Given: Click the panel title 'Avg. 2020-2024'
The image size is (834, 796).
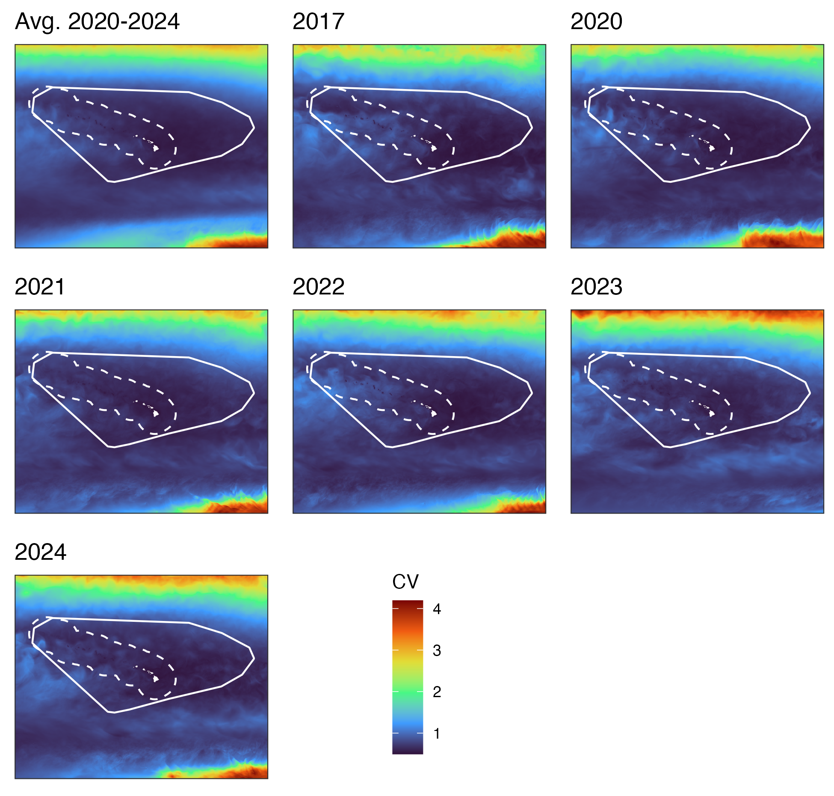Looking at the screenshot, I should pyautogui.click(x=97, y=22).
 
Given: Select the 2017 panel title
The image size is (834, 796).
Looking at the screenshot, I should pyautogui.click(x=318, y=21).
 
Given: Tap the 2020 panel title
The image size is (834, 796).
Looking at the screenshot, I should pyautogui.click(x=596, y=21).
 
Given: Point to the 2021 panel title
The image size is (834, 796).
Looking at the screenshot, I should pyautogui.click(x=39, y=287).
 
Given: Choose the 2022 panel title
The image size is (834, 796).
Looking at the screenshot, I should pyautogui.click(x=318, y=287).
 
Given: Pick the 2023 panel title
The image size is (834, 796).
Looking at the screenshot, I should pyautogui.click(x=596, y=287).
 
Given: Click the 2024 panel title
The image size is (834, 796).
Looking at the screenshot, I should pyautogui.click(x=40, y=552).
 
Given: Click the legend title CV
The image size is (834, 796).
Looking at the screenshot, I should pyautogui.click(x=405, y=582).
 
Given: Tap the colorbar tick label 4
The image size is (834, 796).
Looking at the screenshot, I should pyautogui.click(x=437, y=609).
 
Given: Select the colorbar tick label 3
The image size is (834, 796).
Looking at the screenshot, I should pyautogui.click(x=437, y=650).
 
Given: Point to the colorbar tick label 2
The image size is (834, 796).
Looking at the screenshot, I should pyautogui.click(x=437, y=692).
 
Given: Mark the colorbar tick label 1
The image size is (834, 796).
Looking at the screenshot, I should pyautogui.click(x=437, y=734).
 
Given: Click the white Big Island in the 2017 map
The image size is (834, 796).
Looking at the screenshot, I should pyautogui.click(x=434, y=149).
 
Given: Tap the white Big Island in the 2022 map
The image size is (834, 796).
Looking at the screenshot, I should pyautogui.click(x=434, y=414).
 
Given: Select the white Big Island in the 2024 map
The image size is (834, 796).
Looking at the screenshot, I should pyautogui.click(x=156, y=679).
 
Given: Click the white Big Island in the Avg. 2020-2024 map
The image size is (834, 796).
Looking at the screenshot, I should pyautogui.click(x=156, y=149).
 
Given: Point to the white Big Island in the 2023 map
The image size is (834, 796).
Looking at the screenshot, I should pyautogui.click(x=712, y=414).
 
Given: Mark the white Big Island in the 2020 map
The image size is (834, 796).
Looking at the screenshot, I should pyautogui.click(x=712, y=149).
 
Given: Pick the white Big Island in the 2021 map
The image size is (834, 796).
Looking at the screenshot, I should pyautogui.click(x=156, y=414).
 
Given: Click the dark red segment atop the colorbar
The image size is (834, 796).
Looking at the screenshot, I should pyautogui.click(x=408, y=604).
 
